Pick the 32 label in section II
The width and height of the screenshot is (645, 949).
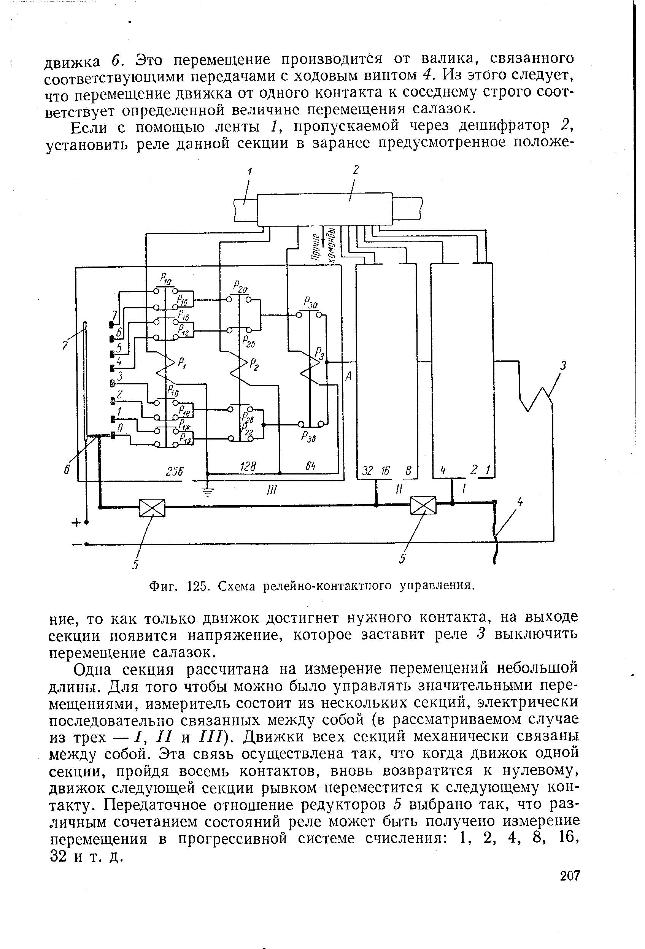click(368, 471)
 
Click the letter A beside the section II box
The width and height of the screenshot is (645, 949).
click(348, 377)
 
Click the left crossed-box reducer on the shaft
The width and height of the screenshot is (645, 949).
click(152, 508)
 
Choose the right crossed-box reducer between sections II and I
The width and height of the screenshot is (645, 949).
click(423, 506)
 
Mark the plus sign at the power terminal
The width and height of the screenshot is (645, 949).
click(76, 523)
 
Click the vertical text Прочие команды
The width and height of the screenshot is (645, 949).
click(323, 244)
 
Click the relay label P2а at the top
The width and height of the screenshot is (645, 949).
click(241, 287)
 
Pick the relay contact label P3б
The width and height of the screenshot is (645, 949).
click(307, 437)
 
